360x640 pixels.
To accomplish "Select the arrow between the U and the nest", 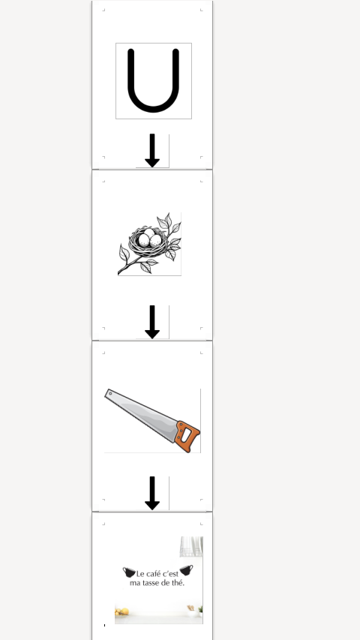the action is [x=152, y=150].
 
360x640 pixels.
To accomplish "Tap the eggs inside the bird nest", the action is [x=149, y=239].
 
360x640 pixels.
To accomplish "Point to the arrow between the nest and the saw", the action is [x=152, y=322].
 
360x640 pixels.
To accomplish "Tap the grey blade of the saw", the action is [x=141, y=413].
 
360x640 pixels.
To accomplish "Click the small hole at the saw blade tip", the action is [x=110, y=393].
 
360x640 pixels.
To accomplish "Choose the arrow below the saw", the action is [x=152, y=493].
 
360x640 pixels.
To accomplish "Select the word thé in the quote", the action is [x=177, y=583].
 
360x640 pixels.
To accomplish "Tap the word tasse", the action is [x=150, y=583].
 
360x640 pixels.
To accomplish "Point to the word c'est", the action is [x=171, y=573].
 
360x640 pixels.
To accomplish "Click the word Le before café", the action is [x=140, y=573].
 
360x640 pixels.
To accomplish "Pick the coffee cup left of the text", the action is [x=129, y=572].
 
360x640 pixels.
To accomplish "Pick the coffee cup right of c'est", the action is [x=187, y=570].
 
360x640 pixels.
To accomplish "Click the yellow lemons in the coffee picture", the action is [x=122, y=611].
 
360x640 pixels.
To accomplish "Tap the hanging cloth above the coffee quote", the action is [x=191, y=546].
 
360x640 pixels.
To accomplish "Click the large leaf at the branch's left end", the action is [x=124, y=253].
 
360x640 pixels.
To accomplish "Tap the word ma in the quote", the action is [x=135, y=583].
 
